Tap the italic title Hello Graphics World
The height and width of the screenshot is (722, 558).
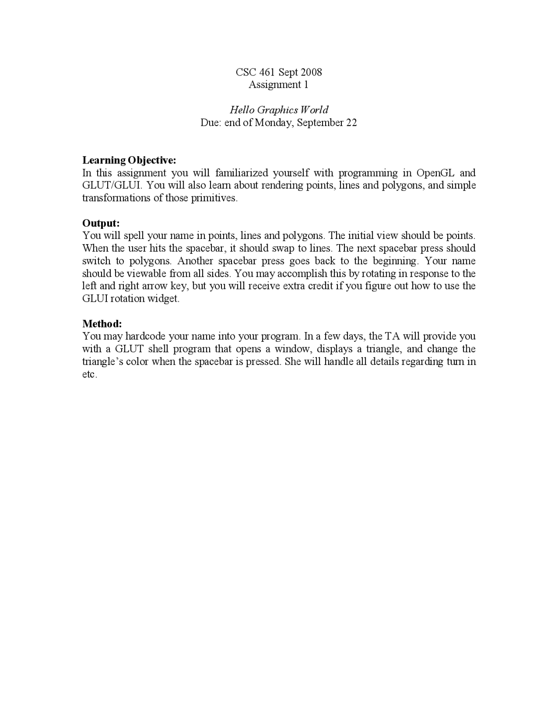click(x=279, y=110)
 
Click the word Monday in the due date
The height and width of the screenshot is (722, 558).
click(x=274, y=123)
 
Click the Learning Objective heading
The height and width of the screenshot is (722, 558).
click(x=129, y=160)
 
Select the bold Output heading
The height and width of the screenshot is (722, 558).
click(x=101, y=223)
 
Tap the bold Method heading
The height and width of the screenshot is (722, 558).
click(x=102, y=324)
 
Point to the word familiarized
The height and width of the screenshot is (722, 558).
click(x=242, y=173)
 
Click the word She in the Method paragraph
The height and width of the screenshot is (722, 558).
click(x=292, y=361)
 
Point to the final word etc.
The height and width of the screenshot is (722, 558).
click(x=89, y=375)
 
